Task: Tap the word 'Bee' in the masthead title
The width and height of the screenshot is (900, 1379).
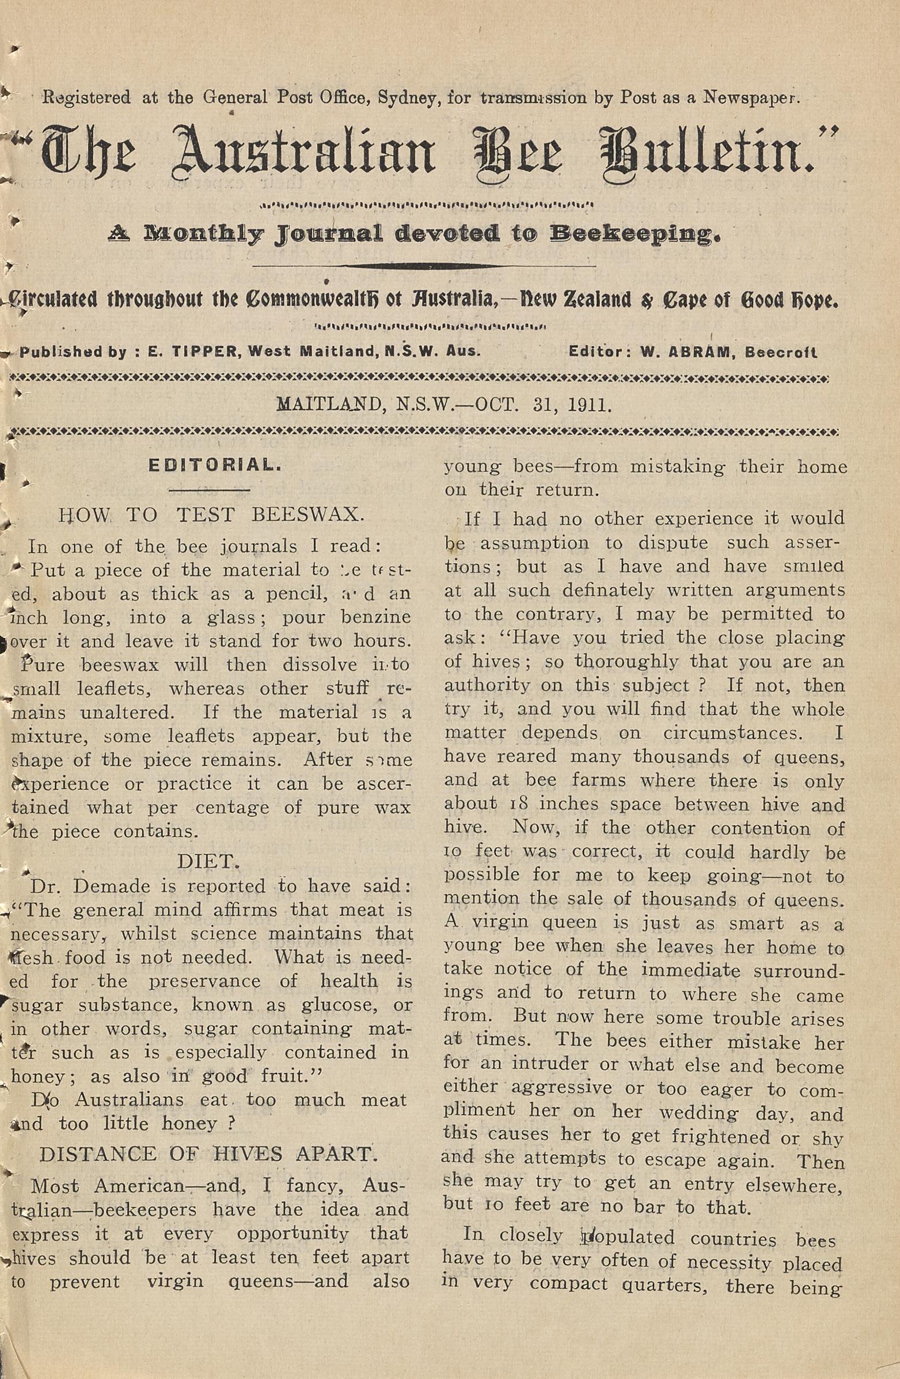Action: (517, 152)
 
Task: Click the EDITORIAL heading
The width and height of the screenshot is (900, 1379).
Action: (215, 465)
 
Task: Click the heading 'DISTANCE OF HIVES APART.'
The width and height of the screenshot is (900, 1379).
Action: (208, 1154)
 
